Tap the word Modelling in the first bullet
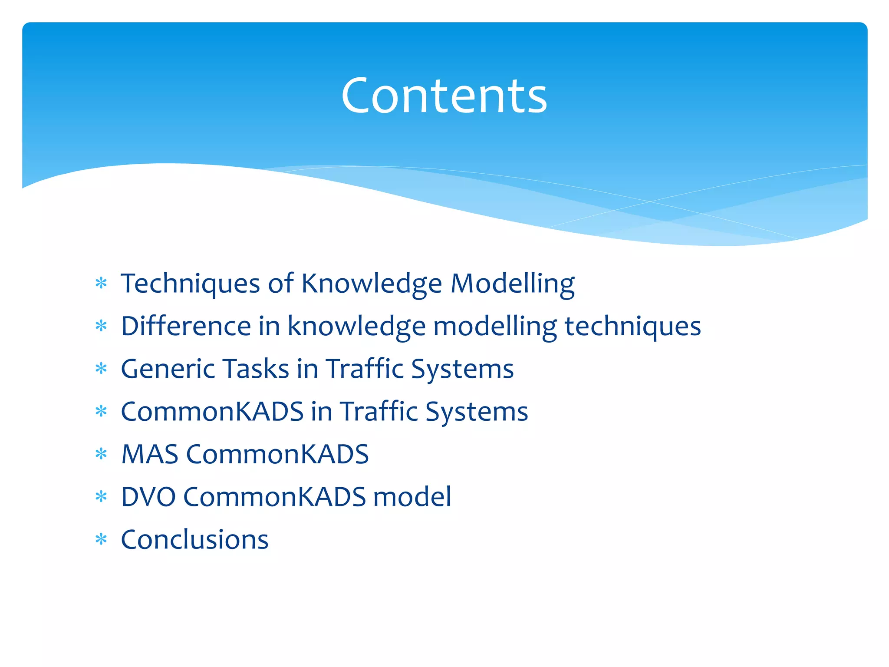coord(512,284)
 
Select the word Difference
coord(186,326)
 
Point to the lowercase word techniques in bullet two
coord(632,326)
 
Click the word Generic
coord(168,369)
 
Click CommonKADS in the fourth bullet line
coord(212,412)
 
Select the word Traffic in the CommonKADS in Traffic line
coord(378,412)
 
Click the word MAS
coord(150,454)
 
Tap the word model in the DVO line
coord(412,497)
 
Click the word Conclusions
coord(194,540)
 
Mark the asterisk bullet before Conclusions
coord(101,540)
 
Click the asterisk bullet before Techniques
coord(101,284)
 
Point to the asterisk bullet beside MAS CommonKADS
coord(101,454)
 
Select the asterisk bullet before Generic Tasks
coord(101,369)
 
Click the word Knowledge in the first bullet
coord(372,284)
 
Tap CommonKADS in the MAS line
coord(277,454)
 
